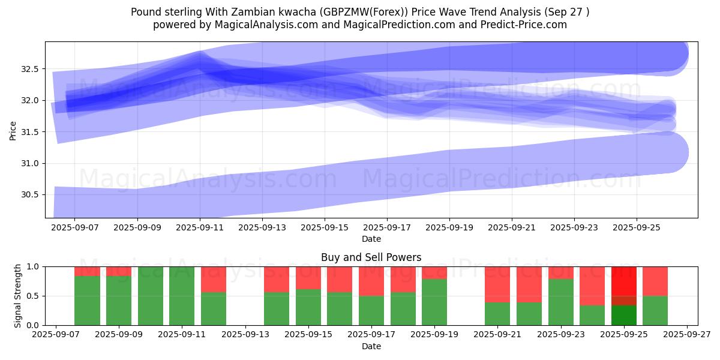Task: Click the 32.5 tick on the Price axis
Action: click(30, 69)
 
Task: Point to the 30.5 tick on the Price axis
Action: click(30, 194)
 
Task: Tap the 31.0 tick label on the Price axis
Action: click(30, 163)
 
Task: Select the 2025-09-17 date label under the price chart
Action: click(387, 228)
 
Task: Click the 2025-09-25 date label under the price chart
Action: click(637, 228)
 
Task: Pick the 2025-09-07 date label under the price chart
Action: click(75, 228)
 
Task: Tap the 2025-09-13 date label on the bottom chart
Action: click(245, 335)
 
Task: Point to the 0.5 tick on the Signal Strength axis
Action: click(34, 296)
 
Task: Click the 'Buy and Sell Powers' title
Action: click(371, 257)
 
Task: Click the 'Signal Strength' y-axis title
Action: click(18, 295)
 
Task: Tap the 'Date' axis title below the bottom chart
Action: click(371, 346)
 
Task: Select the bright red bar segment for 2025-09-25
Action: click(624, 280)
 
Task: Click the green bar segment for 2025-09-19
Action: click(434, 302)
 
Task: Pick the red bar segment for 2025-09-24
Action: click(592, 286)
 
